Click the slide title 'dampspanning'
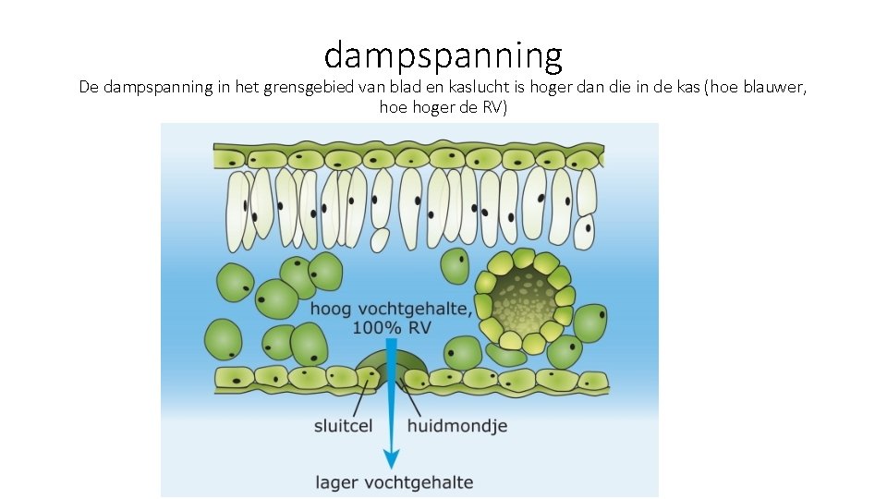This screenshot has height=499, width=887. tap(443, 55)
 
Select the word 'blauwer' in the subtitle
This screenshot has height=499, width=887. tap(774, 88)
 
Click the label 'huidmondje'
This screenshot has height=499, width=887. tap(457, 426)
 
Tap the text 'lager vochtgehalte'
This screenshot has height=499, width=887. tap(395, 481)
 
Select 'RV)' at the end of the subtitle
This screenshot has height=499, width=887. tap(493, 107)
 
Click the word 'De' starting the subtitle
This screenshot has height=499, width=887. tap(89, 88)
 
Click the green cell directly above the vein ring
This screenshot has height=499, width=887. tap(454, 265)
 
